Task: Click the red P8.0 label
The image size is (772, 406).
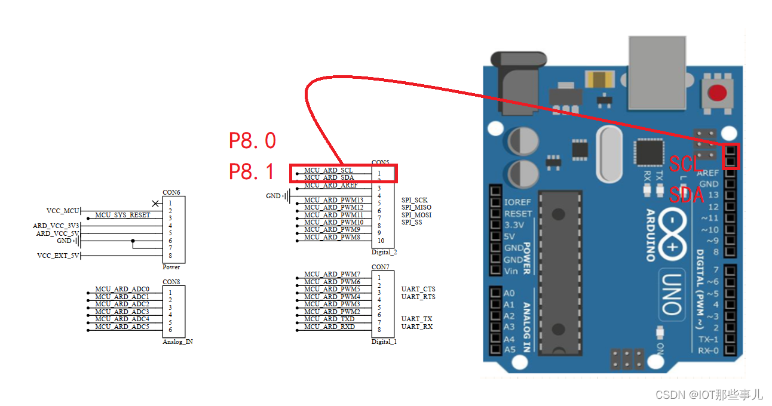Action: tap(253, 141)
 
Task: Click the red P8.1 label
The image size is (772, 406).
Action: tap(252, 172)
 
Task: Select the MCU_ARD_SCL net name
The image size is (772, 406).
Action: tap(328, 170)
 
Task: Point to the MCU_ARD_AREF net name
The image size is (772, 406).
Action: tap(330, 185)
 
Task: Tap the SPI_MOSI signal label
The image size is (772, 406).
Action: tap(416, 215)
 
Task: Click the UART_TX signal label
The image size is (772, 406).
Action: tap(416, 319)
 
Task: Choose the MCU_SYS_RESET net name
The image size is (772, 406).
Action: tap(122, 215)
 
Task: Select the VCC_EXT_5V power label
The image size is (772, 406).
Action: tap(58, 256)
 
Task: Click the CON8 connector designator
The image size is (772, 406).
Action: tap(171, 282)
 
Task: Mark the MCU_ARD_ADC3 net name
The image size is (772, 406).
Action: tap(122, 312)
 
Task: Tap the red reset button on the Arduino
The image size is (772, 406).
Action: tap(717, 93)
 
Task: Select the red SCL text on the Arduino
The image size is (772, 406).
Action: tap(684, 164)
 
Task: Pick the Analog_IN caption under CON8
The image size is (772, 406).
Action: tap(177, 342)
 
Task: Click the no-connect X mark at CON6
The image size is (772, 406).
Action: tap(155, 204)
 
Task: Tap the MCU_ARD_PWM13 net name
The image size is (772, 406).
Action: tap(333, 200)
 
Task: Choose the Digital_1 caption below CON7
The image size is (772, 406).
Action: tap(384, 342)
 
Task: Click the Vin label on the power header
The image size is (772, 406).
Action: tap(511, 270)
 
